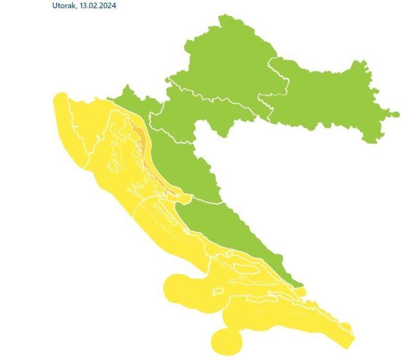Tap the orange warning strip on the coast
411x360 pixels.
tap(139, 135)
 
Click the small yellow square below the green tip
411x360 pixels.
tap(301, 292)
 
